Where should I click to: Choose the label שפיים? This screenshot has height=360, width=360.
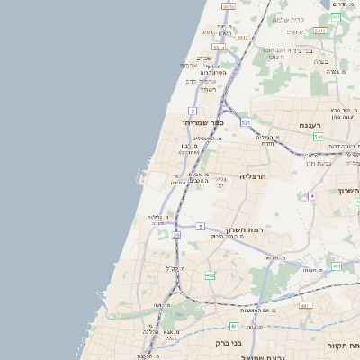point(203,58)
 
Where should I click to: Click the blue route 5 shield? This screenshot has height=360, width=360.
point(201,226)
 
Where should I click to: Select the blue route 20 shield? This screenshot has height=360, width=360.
point(176,235)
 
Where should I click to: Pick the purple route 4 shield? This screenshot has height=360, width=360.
point(312,195)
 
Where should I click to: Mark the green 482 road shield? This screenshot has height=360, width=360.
point(210,274)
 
